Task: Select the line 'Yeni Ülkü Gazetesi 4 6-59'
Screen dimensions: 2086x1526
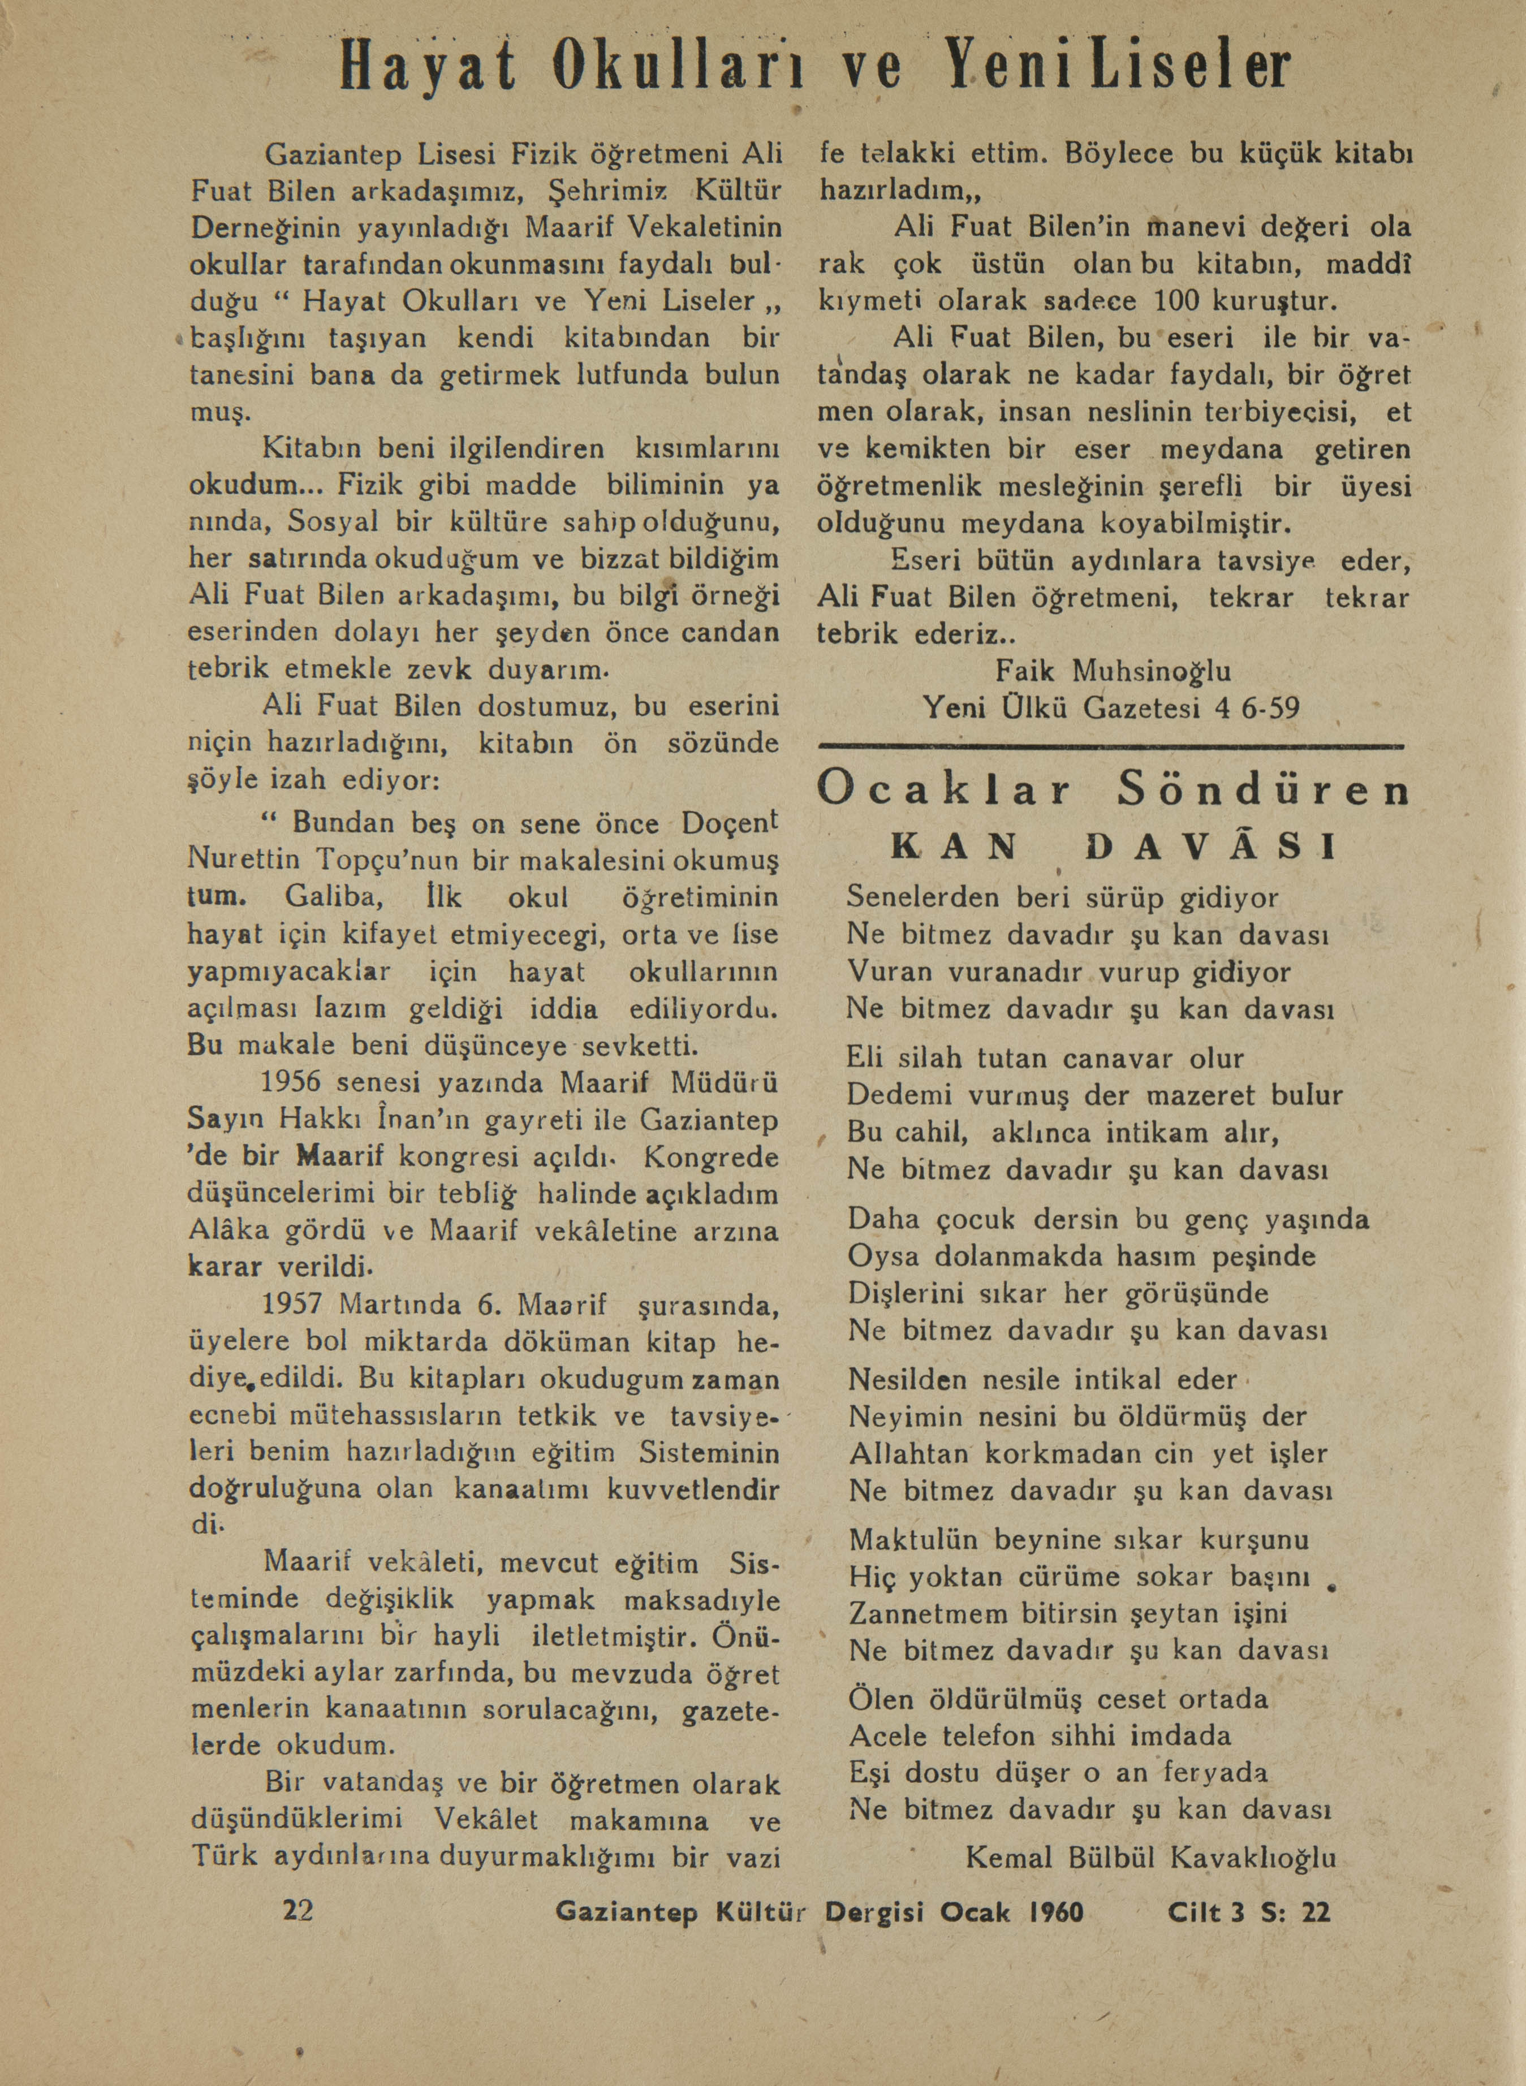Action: [1111, 709]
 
